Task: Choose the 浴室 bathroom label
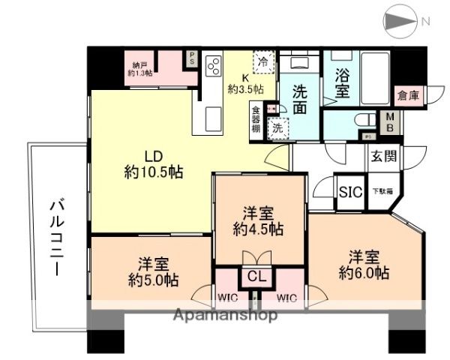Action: [x=342, y=83]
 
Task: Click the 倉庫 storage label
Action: [x=409, y=95]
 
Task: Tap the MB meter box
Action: [x=391, y=121]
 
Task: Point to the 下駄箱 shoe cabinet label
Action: [x=382, y=192]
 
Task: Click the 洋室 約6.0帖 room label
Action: [x=363, y=262]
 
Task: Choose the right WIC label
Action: [x=286, y=298]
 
